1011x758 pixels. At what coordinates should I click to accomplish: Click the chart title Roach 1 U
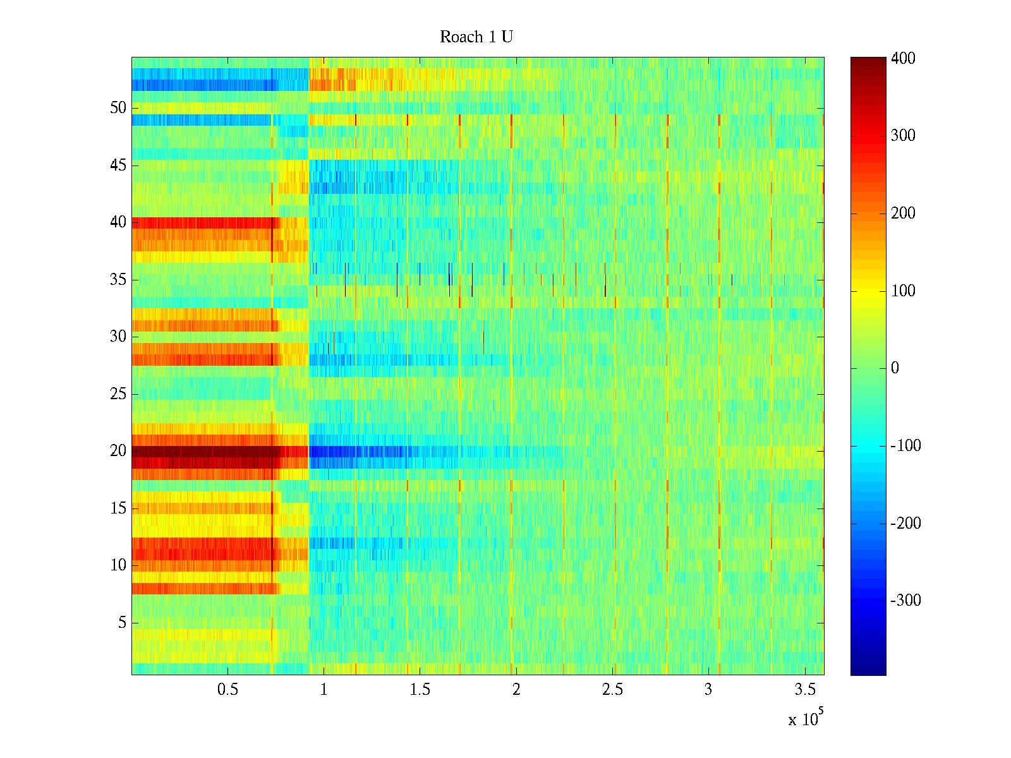click(476, 37)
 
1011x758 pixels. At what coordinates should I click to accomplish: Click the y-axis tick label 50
click(118, 108)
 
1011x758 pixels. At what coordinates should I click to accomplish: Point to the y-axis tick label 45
click(118, 165)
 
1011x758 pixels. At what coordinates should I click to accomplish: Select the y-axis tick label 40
click(118, 222)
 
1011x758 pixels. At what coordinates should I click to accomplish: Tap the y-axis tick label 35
click(118, 280)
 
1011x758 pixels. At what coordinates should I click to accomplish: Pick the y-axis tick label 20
click(118, 451)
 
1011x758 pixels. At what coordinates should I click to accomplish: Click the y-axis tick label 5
click(122, 623)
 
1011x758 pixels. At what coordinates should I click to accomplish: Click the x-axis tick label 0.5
click(227, 690)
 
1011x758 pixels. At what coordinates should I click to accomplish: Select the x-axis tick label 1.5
click(420, 690)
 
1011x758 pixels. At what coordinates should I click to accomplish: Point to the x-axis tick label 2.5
click(612, 690)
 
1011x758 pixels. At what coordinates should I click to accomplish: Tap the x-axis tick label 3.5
click(804, 690)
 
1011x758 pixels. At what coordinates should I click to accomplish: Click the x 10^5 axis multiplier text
click(806, 719)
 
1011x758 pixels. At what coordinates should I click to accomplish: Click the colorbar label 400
click(903, 59)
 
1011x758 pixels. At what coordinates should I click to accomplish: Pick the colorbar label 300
click(903, 136)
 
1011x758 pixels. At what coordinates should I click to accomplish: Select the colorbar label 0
click(895, 368)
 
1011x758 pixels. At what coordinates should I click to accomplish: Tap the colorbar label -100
click(905, 446)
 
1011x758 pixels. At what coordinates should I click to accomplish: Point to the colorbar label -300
click(905, 601)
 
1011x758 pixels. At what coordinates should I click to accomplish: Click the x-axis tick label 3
click(708, 690)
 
